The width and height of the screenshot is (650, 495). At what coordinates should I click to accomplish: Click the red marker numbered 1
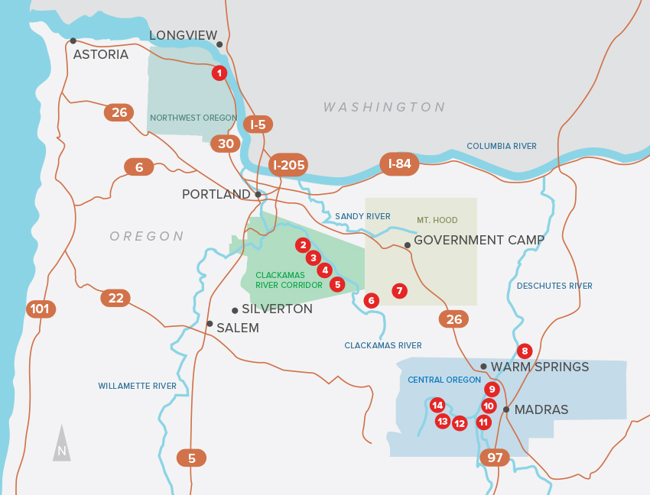point(219,73)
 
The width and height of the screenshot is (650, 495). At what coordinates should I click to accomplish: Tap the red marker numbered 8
point(524,351)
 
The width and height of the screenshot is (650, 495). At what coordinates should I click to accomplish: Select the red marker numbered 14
point(437,405)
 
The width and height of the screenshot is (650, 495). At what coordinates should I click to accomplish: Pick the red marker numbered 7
point(398,291)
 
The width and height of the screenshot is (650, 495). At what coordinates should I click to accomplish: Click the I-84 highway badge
point(399,163)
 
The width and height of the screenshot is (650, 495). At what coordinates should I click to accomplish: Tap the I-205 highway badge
point(289,165)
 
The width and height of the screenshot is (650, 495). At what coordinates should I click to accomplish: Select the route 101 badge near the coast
point(41,309)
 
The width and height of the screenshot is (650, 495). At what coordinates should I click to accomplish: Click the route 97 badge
point(495,458)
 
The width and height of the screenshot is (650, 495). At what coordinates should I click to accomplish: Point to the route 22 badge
point(115,298)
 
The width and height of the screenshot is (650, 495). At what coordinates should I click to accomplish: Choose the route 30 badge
point(226,144)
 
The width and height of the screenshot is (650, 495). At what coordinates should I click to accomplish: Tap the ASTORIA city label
point(100,54)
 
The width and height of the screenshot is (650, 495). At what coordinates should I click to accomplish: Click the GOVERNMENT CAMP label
point(479,240)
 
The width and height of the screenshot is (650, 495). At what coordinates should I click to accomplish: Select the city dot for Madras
point(506,409)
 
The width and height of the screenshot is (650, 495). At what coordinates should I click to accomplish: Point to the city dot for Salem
point(210,324)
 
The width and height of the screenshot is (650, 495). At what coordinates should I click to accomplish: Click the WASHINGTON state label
point(384,107)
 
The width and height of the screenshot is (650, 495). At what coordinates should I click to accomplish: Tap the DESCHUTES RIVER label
point(554,286)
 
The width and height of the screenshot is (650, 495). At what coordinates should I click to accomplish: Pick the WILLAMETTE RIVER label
point(137,387)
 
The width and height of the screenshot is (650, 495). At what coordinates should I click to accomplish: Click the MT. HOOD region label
point(437,220)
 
